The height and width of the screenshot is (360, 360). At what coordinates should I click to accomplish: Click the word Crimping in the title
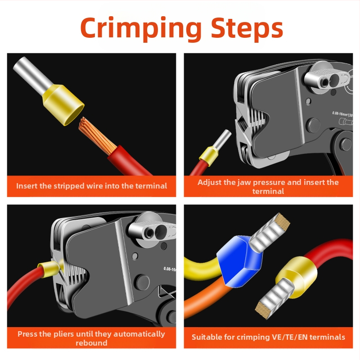[141, 28]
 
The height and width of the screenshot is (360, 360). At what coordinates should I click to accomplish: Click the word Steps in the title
[247, 27]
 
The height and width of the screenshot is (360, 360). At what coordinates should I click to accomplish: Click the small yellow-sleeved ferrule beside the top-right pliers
[215, 148]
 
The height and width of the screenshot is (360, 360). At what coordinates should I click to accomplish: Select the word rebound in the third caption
[91, 343]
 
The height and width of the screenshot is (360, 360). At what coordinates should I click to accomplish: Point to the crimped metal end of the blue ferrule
[270, 231]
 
